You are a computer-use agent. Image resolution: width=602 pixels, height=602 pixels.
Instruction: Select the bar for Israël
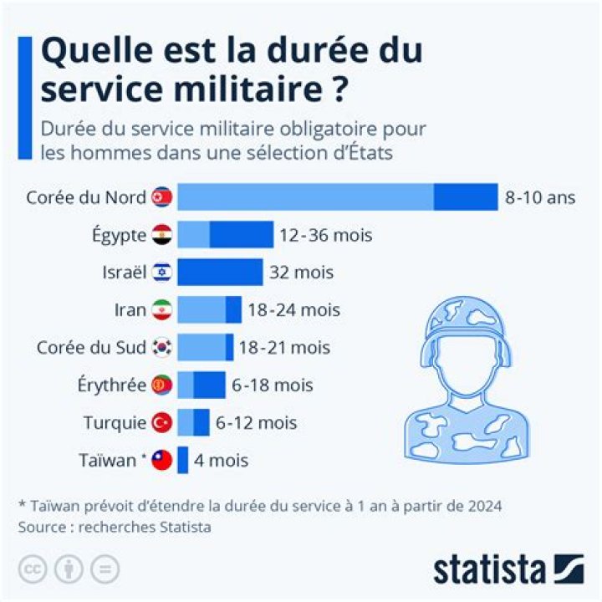pyautogui.click(x=220, y=272)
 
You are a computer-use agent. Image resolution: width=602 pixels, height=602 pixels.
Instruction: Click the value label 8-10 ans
pyautogui.click(x=540, y=198)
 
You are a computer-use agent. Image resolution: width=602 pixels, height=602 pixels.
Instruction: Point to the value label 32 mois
pyautogui.click(x=301, y=273)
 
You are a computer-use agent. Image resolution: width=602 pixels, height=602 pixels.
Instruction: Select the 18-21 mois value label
pyautogui.click(x=285, y=348)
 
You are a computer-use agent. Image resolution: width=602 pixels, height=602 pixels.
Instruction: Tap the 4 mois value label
pyautogui.click(x=222, y=461)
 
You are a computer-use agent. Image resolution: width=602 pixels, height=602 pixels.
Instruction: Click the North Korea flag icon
pyautogui.click(x=162, y=198)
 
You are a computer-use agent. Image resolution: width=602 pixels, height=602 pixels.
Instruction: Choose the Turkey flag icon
pyautogui.click(x=162, y=423)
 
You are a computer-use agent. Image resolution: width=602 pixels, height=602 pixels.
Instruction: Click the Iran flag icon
pyautogui.click(x=162, y=310)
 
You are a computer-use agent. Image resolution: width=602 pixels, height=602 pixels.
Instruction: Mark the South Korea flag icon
pyautogui.click(x=162, y=348)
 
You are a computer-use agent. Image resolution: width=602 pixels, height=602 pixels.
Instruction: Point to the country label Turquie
pyautogui.click(x=115, y=423)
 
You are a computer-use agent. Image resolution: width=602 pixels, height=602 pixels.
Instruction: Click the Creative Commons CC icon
pyautogui.click(x=33, y=569)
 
